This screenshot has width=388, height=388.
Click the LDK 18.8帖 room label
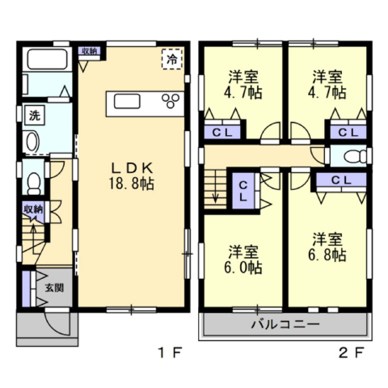point(131,176)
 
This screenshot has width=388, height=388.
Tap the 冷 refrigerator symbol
point(172,59)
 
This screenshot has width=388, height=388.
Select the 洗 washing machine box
point(35,116)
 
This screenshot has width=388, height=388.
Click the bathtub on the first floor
point(47,59)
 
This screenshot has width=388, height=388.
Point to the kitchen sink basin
point(127,102)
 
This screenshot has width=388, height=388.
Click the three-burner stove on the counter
point(171,101)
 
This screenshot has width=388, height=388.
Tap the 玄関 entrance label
point(54,289)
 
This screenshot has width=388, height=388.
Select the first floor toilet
point(34,183)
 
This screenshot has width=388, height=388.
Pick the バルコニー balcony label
point(285,324)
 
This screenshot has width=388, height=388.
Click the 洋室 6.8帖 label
point(327,247)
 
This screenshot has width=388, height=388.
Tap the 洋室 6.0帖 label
point(243,259)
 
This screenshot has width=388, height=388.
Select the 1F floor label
point(171,352)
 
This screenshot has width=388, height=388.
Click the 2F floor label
point(352,352)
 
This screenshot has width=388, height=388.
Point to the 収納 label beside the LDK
point(90,51)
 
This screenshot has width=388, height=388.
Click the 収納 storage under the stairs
point(33,210)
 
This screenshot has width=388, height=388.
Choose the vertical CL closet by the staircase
point(243,192)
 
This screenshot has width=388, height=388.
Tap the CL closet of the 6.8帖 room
point(341,180)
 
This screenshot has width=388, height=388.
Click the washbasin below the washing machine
point(33,141)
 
